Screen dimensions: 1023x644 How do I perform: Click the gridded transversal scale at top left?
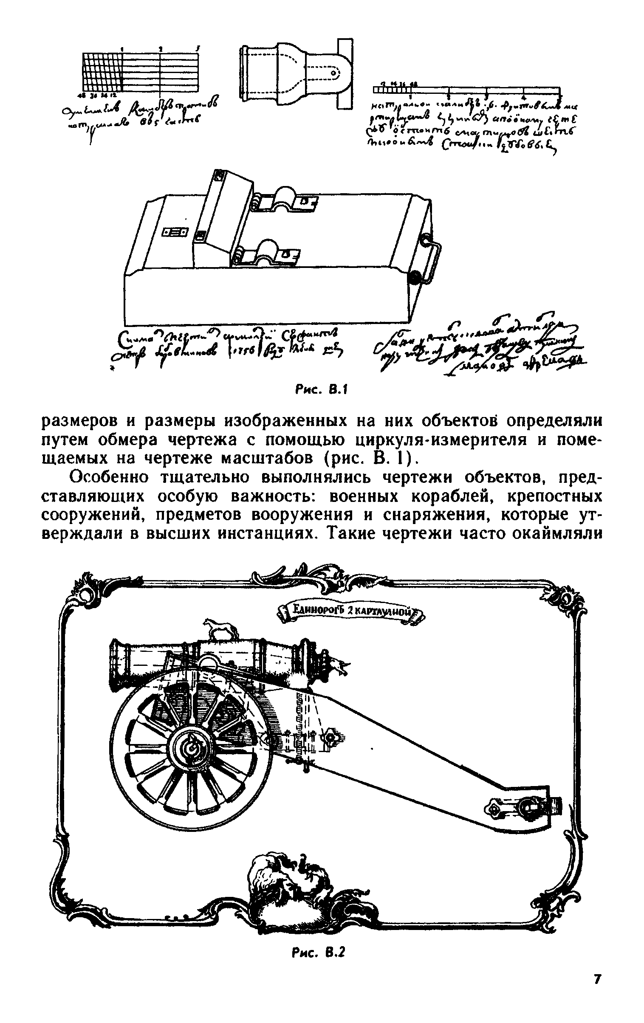click(x=140, y=72)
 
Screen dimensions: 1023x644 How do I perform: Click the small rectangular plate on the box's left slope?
click(x=175, y=232)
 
